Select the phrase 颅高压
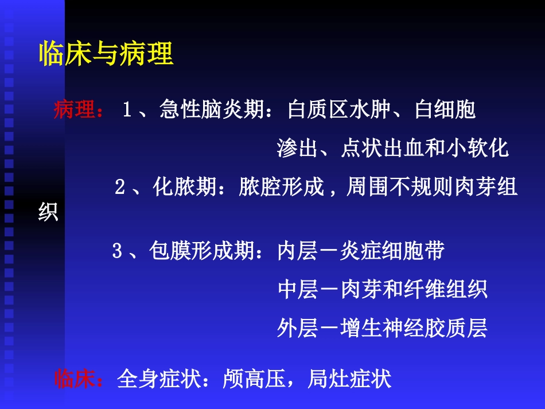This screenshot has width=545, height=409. pyautogui.click(x=254, y=379)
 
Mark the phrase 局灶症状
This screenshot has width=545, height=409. pyautogui.click(x=349, y=379)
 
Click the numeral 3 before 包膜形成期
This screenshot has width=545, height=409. pyautogui.click(x=117, y=251)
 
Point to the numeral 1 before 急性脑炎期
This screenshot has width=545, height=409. pyautogui.click(x=127, y=110)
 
